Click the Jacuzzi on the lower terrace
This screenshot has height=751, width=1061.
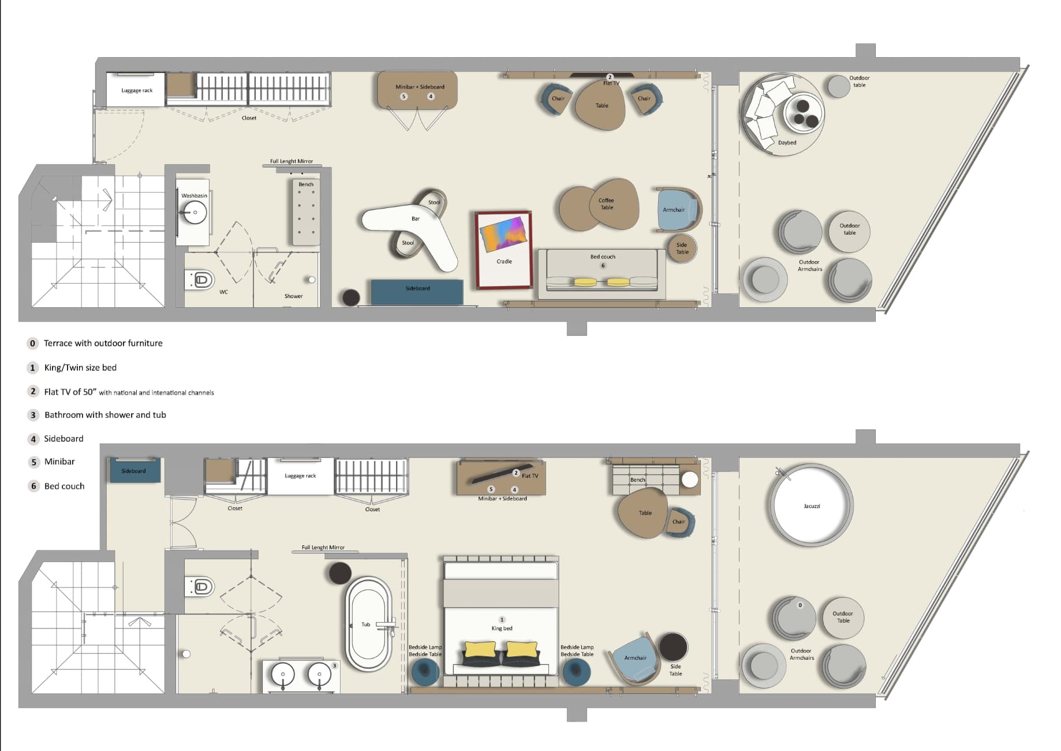pos(810,505)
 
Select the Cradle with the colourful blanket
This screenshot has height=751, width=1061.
pos(503,250)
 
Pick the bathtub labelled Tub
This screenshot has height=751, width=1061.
pos(368,624)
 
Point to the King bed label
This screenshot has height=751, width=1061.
pos(502,628)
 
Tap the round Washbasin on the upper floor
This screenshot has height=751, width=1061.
pos(195,213)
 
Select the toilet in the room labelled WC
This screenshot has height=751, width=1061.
pos(201,280)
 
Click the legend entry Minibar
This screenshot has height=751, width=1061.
pos(59,462)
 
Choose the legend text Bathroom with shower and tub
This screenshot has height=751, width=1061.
pos(105,415)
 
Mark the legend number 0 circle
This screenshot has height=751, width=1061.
pos(32,343)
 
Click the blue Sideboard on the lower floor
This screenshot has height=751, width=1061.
pos(133,471)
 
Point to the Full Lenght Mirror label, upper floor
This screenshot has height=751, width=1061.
pos(292,161)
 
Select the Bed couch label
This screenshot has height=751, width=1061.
pos(603,256)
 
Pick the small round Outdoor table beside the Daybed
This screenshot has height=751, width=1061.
pos(839,87)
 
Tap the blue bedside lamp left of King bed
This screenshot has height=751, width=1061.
pos(425,671)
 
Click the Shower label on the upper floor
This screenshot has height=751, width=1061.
pos(293,296)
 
